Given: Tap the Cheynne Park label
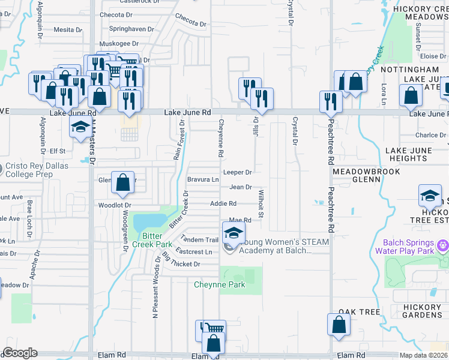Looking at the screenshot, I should [219, 284].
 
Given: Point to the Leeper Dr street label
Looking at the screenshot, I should [237, 172].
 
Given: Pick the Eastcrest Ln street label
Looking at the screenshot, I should [194, 252].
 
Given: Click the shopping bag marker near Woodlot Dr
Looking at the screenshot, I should [123, 183].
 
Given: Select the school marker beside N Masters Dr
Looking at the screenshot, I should [79, 128].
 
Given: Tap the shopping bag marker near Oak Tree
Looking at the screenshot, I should [339, 324].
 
